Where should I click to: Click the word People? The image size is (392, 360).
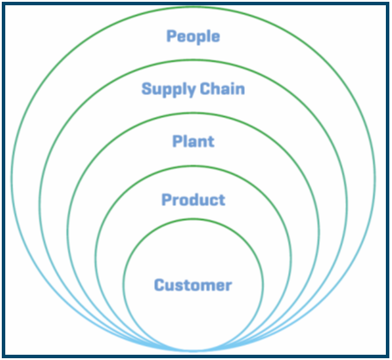193,37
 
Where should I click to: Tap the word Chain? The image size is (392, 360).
222,88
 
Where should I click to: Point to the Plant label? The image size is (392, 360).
193,141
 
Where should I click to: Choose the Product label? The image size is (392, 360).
193,200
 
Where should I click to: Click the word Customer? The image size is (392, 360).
193,285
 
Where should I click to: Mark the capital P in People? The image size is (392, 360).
171,36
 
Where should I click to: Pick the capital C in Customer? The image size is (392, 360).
159,285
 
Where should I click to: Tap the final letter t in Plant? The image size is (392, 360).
211,142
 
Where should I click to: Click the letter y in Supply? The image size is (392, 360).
191,91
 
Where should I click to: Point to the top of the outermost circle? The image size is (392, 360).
193,7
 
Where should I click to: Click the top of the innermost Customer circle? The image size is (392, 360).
193,219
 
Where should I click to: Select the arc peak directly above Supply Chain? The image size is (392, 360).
193,61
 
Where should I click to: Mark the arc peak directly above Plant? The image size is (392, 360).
193,114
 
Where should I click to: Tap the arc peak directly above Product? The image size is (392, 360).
193,166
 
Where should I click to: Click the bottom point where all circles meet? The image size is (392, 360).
193,350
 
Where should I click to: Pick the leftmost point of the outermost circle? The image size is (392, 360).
12,179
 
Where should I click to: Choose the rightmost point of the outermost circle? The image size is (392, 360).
375,179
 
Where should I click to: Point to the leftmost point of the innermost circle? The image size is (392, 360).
123,284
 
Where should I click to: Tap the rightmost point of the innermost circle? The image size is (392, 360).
263,284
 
